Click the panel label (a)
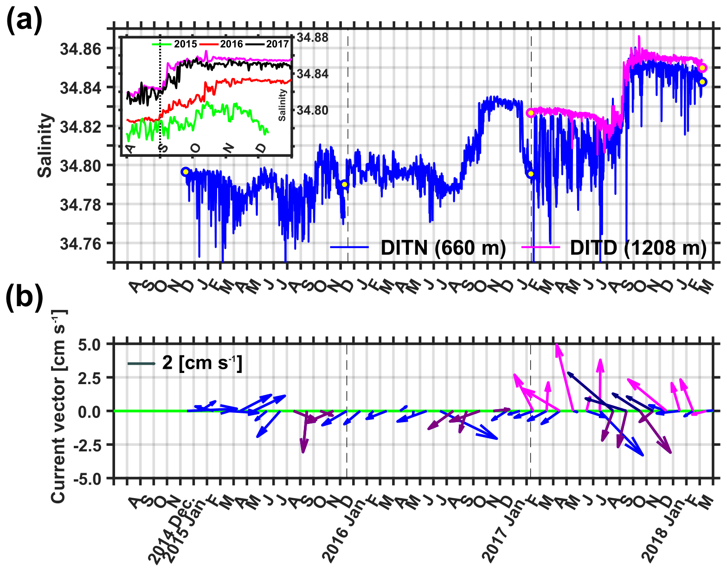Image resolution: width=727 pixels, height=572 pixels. point(24,21)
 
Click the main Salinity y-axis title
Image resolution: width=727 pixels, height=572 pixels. point(45,145)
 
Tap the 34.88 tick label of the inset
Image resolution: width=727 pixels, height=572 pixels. point(312,38)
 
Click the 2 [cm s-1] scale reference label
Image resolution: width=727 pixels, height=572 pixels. point(202,363)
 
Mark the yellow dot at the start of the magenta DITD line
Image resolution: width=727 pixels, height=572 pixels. point(530,113)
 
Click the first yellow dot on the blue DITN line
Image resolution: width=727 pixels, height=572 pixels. point(186,172)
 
